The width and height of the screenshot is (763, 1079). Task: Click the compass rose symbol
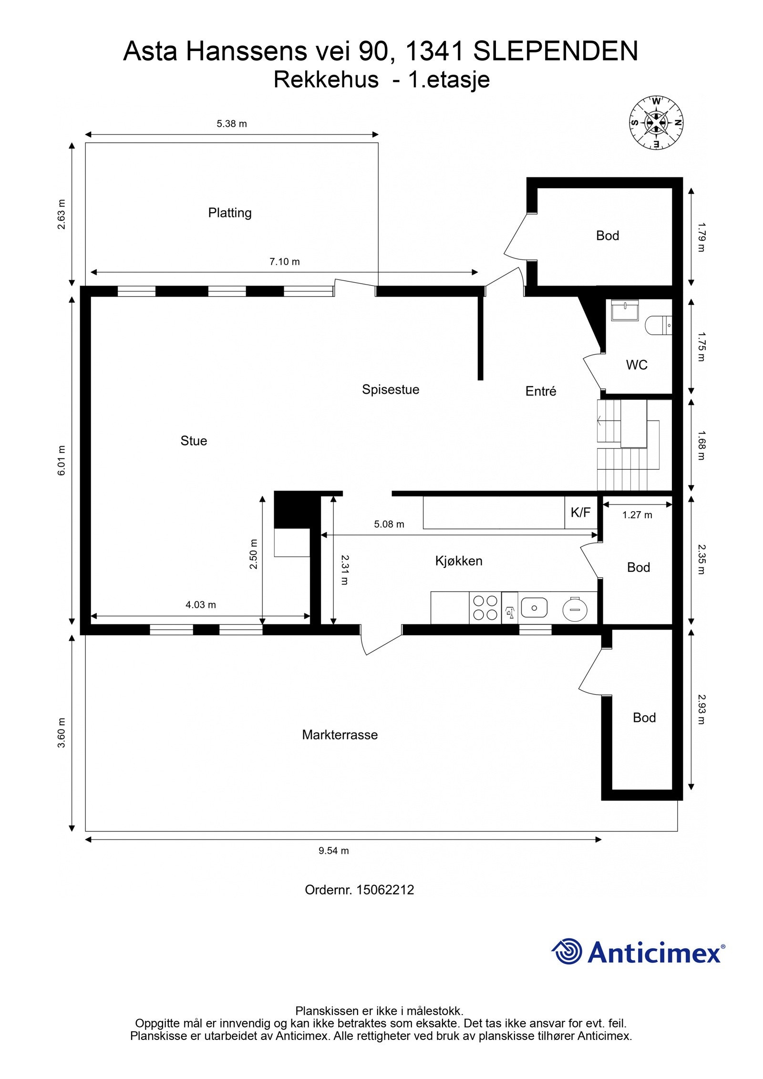pos(656,122)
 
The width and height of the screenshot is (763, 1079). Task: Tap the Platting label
pos(229,213)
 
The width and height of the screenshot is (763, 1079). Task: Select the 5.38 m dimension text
pos(232,124)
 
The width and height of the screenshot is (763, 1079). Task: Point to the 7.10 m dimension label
pos(285,262)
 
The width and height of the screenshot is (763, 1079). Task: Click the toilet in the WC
pos(658,326)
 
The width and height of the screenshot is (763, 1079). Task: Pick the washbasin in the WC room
pos(625,311)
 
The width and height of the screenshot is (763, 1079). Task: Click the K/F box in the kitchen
pos(580,513)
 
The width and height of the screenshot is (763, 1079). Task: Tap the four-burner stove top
pos(485,608)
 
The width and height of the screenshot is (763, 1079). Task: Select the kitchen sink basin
pos(534,608)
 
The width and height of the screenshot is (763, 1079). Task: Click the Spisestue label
pos(391,390)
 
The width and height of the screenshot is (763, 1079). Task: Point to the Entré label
pos(541,391)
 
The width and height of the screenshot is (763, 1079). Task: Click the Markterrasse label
pos(340,735)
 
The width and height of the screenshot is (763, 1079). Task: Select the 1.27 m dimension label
pos(637,515)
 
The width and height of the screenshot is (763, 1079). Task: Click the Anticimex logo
pos(638,953)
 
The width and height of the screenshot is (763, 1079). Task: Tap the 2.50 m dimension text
pos(254,554)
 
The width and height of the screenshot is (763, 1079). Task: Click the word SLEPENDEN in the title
pos(556,51)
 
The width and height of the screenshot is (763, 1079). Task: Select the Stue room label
pos(194,441)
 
